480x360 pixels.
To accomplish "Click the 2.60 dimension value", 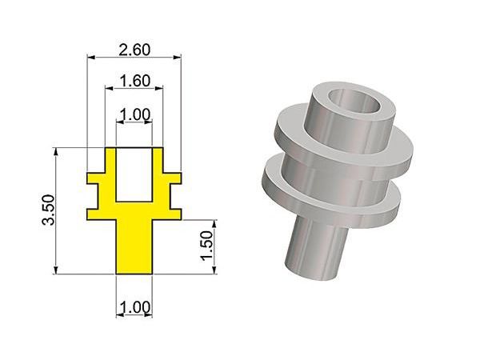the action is click(x=134, y=50).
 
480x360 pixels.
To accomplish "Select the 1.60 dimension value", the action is click(x=134, y=81).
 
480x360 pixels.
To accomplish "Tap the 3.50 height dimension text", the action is click(x=49, y=210).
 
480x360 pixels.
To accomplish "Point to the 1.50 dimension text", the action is click(x=207, y=246).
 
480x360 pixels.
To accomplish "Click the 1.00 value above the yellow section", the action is click(x=135, y=114).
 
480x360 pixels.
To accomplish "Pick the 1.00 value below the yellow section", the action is click(x=134, y=307).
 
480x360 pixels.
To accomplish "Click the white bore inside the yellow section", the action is click(x=134, y=174).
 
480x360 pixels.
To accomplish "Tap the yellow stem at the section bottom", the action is click(x=134, y=246).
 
